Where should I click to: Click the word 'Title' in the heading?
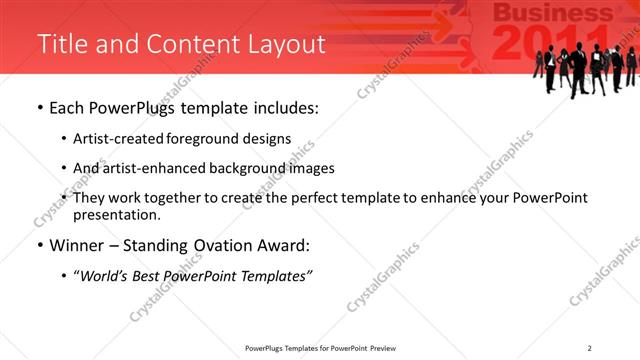coord(59,44)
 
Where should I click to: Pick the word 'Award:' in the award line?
coord(292,245)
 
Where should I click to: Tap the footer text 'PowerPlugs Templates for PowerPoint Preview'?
coord(319,347)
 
